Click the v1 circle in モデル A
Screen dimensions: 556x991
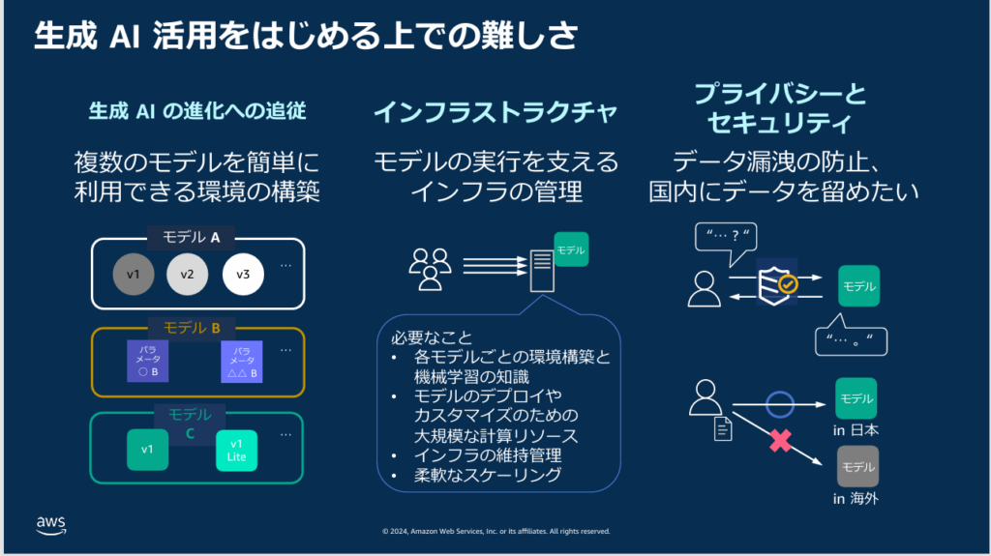[x=134, y=275]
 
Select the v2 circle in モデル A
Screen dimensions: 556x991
[x=188, y=275]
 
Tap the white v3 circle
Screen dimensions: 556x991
[x=243, y=275]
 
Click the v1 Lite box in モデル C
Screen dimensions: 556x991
[x=237, y=450]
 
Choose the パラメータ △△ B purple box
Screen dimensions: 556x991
[x=241, y=361]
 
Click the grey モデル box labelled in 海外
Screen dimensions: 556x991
[x=856, y=466]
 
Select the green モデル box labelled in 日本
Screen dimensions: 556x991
[x=856, y=397]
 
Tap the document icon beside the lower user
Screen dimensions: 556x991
[x=723, y=429]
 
